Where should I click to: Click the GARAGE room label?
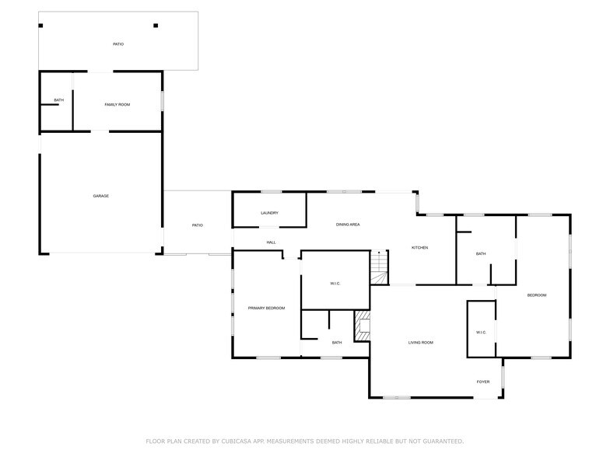pyautogui.click(x=100, y=196)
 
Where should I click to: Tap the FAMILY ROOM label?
pyautogui.click(x=117, y=104)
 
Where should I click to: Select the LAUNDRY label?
pyautogui.click(x=269, y=213)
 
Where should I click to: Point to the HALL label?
pyautogui.click(x=271, y=242)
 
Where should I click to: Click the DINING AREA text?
pyautogui.click(x=347, y=225)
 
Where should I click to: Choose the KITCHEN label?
pyautogui.click(x=419, y=248)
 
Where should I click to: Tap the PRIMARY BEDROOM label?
pyautogui.click(x=266, y=309)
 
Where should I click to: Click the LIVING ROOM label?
pyautogui.click(x=421, y=343)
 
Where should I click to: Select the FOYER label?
pyautogui.click(x=483, y=382)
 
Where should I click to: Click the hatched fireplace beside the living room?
pyautogui.click(x=362, y=326)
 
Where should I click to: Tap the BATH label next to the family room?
pyautogui.click(x=58, y=101)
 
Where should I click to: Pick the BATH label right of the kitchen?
pyautogui.click(x=481, y=253)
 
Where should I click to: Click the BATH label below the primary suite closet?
pyautogui.click(x=337, y=343)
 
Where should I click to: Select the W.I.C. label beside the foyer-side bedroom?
pyautogui.click(x=481, y=333)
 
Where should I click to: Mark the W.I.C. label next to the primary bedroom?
pyautogui.click(x=335, y=284)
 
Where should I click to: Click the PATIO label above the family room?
pyautogui.click(x=118, y=44)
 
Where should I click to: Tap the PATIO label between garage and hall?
pyautogui.click(x=198, y=225)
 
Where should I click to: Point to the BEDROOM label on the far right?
pyautogui.click(x=536, y=295)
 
